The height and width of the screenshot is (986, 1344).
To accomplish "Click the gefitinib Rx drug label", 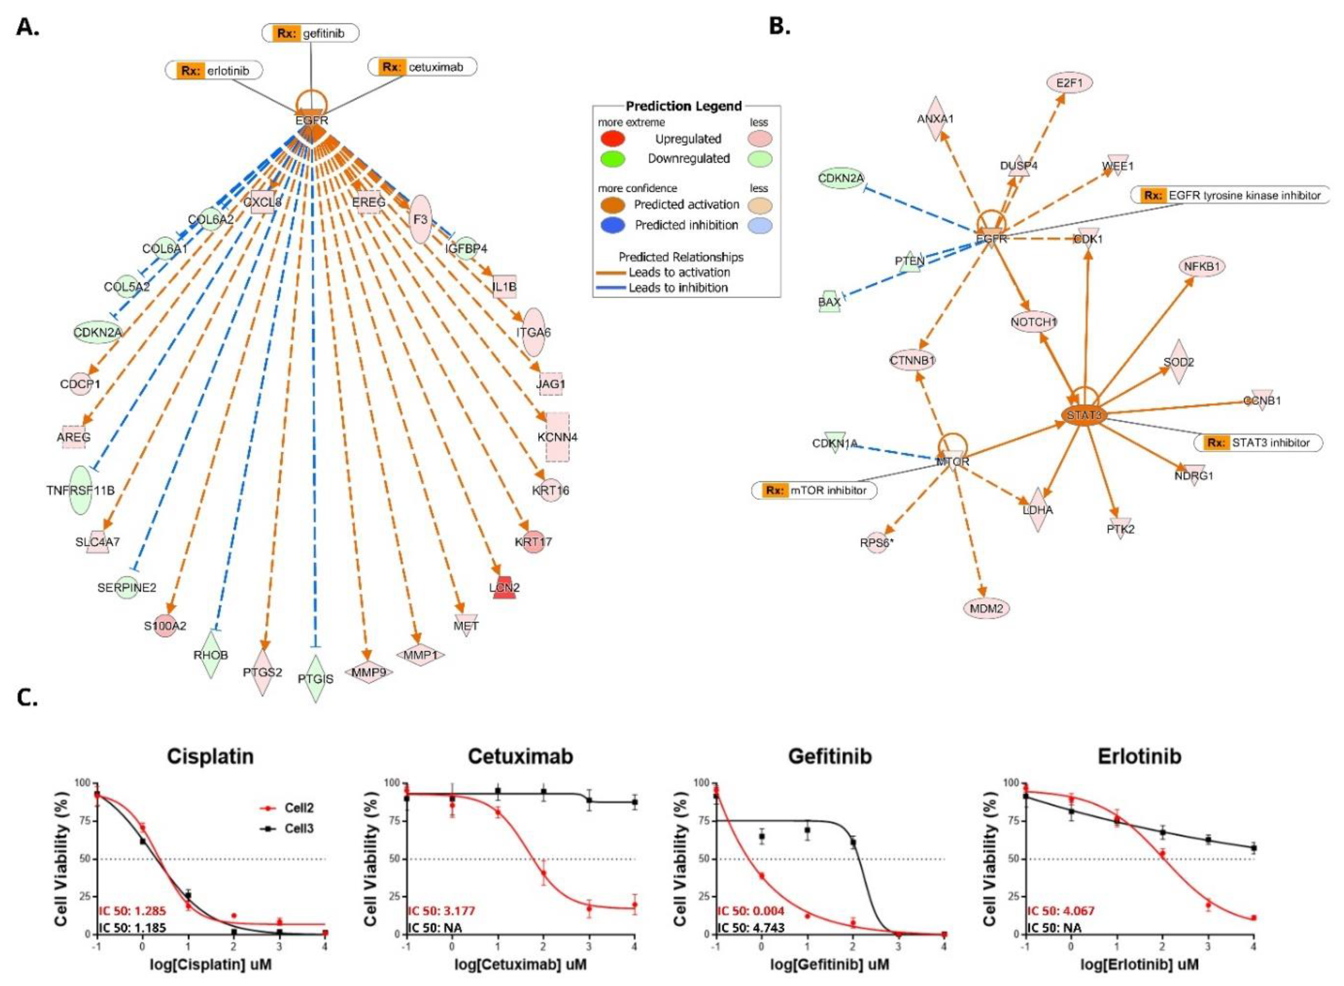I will (x=310, y=33).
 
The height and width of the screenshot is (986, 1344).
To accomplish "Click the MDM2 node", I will (x=986, y=608).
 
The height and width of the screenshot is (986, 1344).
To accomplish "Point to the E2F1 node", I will (x=1069, y=83).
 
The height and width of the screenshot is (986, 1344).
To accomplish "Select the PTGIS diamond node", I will (x=316, y=679).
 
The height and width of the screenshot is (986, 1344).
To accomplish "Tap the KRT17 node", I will (x=533, y=542).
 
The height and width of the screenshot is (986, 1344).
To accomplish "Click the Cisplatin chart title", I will (x=210, y=756).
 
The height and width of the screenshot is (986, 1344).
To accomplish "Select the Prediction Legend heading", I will (x=683, y=106).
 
